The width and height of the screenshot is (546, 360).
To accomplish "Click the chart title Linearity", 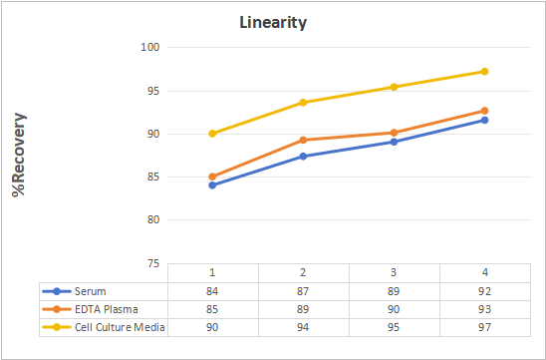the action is pos(273,23).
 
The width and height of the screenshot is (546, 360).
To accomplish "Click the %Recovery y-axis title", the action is pos(19,155).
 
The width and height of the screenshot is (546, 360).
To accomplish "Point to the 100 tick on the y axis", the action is pos(150,47).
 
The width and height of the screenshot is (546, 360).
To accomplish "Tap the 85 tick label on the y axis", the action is pos(153,178).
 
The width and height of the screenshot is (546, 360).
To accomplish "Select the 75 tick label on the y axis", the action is pos(153,264).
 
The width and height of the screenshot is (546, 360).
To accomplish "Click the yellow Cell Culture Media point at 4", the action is pos(484,72).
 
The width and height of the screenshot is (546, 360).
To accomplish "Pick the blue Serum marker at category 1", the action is pos(212,185).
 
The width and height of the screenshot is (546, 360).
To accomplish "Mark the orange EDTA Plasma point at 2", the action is pos(303,140).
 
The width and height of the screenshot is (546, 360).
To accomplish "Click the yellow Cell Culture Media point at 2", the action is pos(303,103).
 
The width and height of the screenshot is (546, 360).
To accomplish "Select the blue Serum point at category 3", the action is pos(394,142).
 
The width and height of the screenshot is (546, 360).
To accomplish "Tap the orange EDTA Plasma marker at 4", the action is pos(484,111).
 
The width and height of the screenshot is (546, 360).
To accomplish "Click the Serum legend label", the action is pos(91,291).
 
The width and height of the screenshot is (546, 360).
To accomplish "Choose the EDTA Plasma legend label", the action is pos(107,309).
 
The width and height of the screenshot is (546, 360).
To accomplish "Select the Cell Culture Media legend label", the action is pos(120,327).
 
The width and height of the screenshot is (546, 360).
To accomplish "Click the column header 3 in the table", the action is pos(394,272).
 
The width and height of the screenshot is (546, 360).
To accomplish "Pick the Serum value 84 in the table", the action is pos(212,291).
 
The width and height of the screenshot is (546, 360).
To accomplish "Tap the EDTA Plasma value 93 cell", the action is pos(484,309).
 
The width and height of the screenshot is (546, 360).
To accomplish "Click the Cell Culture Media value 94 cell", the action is pos(303,327).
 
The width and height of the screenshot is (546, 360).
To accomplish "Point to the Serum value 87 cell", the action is pos(303,291).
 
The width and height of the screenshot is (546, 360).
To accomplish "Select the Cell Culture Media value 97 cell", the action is pos(484,327).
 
